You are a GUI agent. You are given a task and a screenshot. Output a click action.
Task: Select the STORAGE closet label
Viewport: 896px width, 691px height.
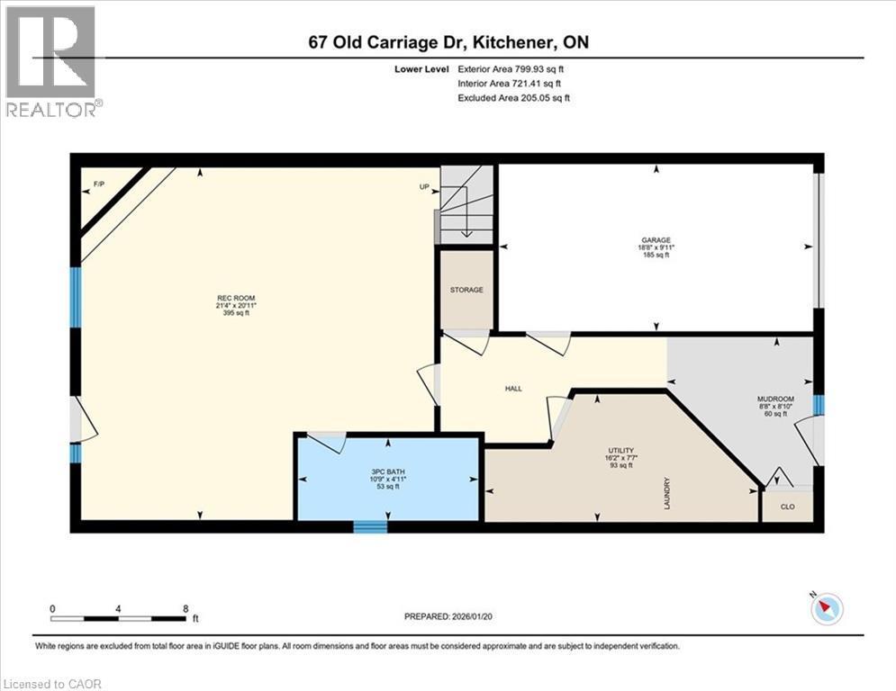(466, 290)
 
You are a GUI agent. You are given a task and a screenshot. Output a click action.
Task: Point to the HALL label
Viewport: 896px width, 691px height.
(512, 389)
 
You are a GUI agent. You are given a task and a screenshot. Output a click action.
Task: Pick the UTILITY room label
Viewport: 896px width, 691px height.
(621, 450)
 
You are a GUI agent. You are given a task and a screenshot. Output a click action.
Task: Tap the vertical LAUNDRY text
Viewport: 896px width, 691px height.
(667, 493)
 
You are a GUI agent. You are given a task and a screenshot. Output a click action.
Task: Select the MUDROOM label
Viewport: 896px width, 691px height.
(774, 399)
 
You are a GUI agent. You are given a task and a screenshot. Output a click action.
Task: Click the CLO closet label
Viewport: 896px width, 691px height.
(787, 507)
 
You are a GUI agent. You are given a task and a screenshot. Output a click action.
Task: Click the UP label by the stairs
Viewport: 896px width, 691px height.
(424, 187)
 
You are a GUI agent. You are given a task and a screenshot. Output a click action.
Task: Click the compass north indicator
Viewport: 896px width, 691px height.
(825, 610)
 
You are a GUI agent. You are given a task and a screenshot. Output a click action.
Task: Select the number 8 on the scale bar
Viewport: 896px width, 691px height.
(185, 608)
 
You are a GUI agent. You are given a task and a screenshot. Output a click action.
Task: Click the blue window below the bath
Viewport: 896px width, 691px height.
(369, 526)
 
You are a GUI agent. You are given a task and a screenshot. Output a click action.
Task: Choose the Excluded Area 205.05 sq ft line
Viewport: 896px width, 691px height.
(513, 98)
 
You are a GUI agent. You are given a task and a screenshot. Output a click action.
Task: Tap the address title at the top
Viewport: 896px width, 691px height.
(448, 42)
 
